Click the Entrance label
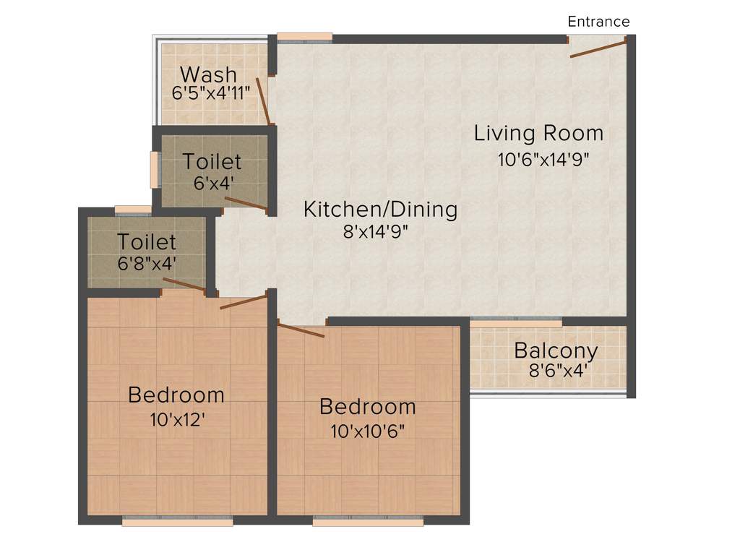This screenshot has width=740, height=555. [x=598, y=22]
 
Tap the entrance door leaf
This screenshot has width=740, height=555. [x=598, y=50]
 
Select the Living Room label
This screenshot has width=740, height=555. [x=538, y=134]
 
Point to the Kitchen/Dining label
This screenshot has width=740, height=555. [x=380, y=210]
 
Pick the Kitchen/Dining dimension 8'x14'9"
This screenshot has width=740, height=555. [x=381, y=233]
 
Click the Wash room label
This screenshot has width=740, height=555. [x=208, y=74]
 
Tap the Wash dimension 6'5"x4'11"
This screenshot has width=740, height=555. [x=210, y=93]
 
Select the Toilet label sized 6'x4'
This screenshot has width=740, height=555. [x=212, y=161]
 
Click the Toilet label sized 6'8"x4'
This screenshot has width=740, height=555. [x=147, y=241]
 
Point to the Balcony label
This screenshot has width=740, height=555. [x=556, y=351]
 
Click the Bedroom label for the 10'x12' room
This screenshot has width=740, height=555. [x=176, y=395]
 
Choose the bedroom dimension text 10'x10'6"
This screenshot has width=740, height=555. [x=367, y=431]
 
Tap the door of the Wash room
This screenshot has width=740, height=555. [x=263, y=101]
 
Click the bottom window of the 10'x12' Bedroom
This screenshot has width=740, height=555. [x=178, y=520]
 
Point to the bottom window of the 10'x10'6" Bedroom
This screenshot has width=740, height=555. [x=368, y=520]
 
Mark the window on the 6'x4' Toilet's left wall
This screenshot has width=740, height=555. [x=154, y=170]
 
